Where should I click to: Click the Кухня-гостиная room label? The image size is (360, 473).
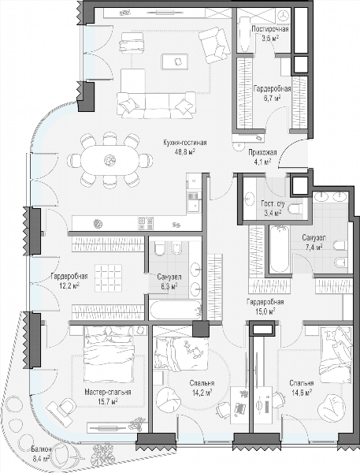point(185,143)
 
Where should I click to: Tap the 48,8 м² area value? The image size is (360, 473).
point(185,151)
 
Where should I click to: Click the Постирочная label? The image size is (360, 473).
point(270,29)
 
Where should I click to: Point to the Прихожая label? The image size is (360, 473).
point(262,153)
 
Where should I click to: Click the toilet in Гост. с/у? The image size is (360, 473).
point(296,210)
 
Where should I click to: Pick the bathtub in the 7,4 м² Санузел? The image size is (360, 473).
point(279,249)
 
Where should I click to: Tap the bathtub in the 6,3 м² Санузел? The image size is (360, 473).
point(176,310)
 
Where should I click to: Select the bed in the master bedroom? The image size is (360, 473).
point(109,355)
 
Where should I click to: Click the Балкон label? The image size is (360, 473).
point(41,449)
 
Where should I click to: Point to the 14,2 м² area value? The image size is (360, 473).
point(202,393)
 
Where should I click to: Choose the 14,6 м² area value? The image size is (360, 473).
point(302,393)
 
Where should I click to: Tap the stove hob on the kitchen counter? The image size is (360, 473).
point(146,223)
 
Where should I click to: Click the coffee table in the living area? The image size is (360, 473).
point(175,61)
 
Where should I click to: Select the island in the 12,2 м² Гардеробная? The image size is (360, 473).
point(109,278)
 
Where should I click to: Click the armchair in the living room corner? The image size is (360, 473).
point(215,45)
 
